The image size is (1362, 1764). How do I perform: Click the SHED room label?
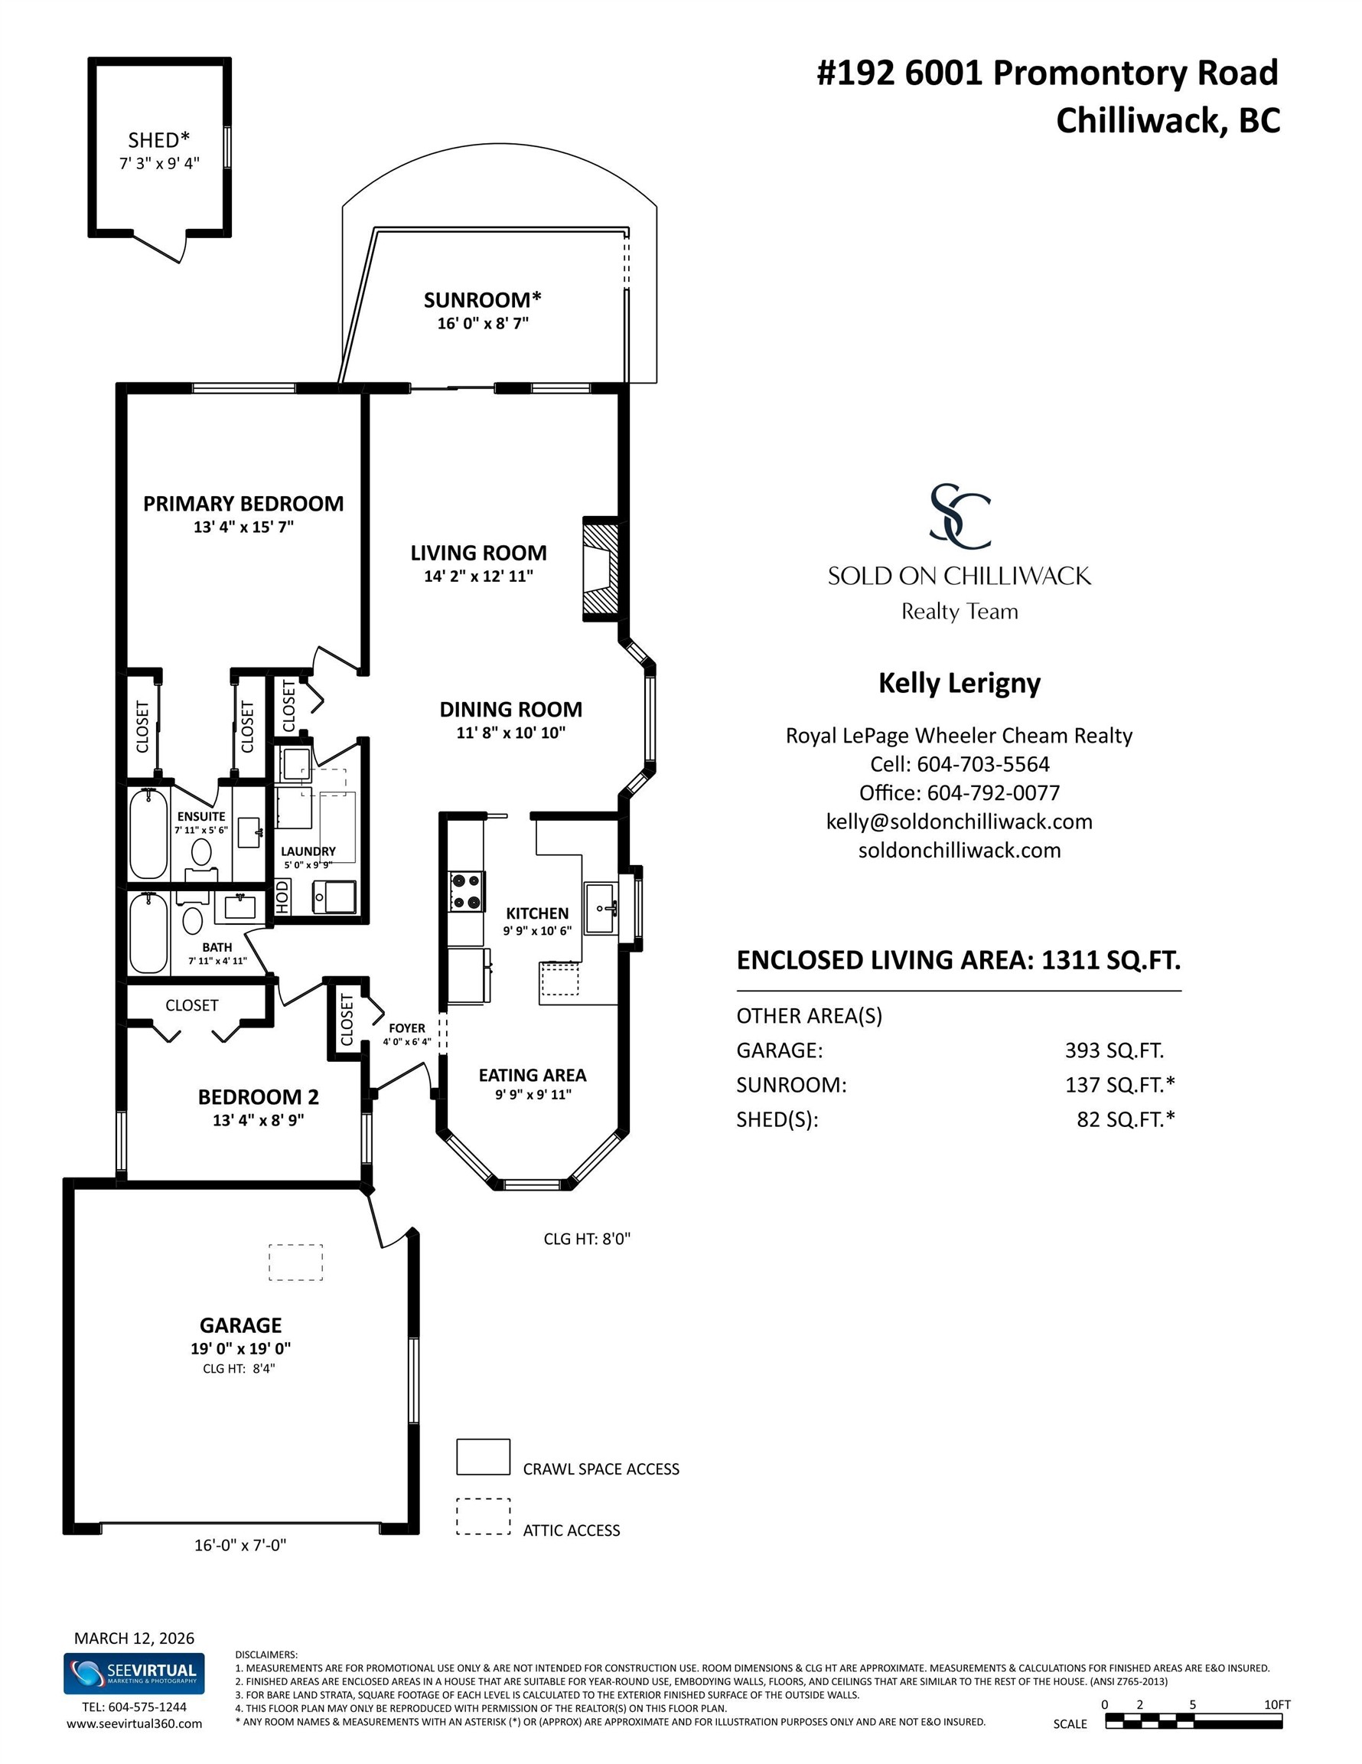[x=159, y=141]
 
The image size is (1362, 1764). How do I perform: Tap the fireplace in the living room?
[x=601, y=569]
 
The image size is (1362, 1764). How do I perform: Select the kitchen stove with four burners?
[x=467, y=891]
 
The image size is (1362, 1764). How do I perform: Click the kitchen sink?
[x=601, y=908]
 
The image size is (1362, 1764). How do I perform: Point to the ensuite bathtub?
[x=148, y=833]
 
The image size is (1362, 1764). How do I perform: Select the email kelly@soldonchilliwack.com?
[x=959, y=822]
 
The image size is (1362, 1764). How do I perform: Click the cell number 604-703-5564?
[x=982, y=764]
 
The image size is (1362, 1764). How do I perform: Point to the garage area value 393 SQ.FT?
[x=1114, y=1050]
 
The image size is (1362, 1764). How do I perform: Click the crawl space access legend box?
[x=483, y=1457]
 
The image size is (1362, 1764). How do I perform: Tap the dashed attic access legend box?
[x=483, y=1517]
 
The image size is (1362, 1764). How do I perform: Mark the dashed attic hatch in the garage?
[x=295, y=1262]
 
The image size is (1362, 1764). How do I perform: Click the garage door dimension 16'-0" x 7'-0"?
[x=240, y=1545]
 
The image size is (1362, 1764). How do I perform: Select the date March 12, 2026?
[x=134, y=1638]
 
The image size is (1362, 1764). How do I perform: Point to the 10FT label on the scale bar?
[x=1277, y=1704]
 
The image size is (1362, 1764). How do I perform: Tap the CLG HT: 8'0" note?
[x=587, y=1238]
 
